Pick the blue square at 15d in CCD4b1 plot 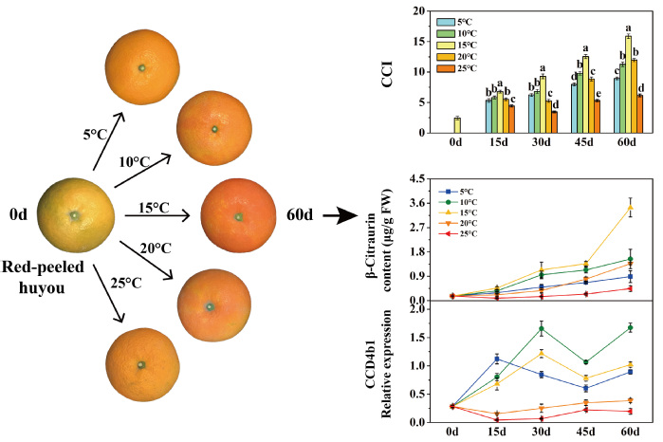[x=498, y=359]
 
